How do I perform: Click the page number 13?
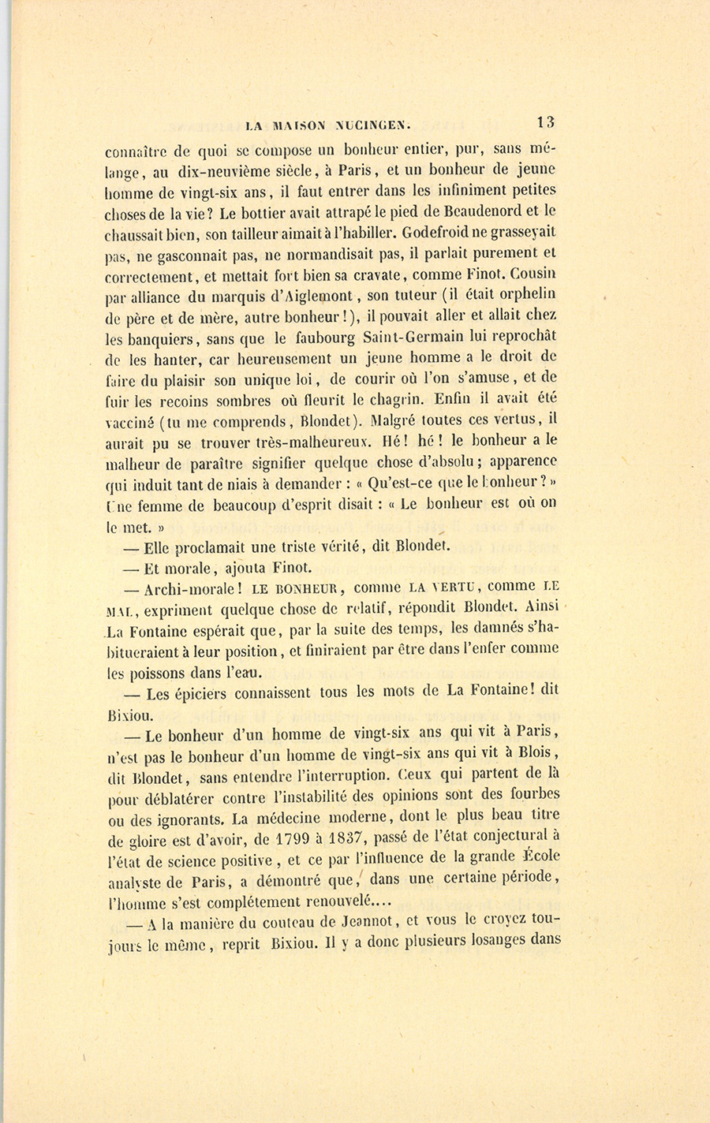tap(546, 122)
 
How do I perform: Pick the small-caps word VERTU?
tap(445, 588)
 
